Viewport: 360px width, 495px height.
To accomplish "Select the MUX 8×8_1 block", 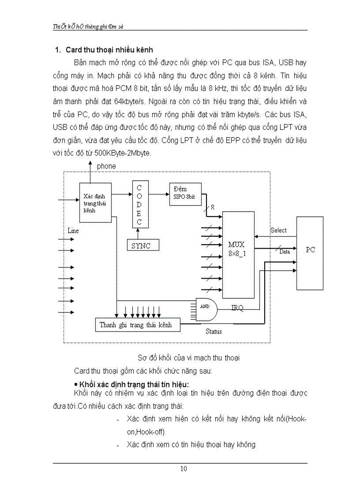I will point(238,254).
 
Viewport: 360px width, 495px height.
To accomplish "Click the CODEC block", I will point(139,205).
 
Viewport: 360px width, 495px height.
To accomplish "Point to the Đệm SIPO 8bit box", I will point(185,194).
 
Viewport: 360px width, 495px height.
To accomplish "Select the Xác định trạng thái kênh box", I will point(94,203).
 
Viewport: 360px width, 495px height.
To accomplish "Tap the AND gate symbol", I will point(206,309).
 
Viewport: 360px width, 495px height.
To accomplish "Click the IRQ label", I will point(237,308).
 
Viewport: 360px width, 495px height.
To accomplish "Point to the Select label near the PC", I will point(278,231).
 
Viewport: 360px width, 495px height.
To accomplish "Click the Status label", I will point(214,331).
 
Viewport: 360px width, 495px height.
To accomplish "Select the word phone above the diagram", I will point(106,166).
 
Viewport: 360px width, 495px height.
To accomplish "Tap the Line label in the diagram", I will point(73,231).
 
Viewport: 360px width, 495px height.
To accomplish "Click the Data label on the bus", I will point(285,252).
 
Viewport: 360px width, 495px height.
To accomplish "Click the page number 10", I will point(183,469).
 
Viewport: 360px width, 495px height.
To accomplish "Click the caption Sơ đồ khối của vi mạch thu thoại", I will point(183,358).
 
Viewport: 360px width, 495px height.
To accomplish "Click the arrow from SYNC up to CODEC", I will point(139,233).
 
